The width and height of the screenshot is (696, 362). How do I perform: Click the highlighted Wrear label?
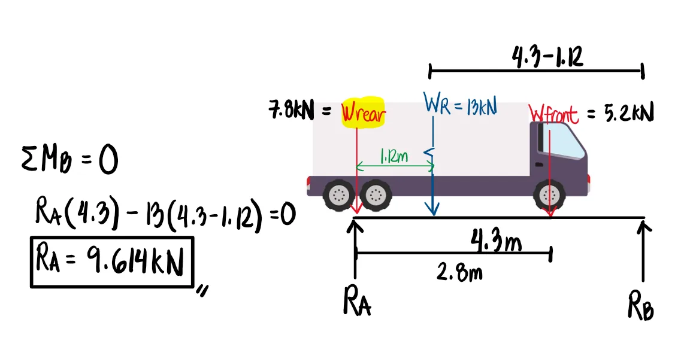363,113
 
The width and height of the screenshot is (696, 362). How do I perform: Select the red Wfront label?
554,113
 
